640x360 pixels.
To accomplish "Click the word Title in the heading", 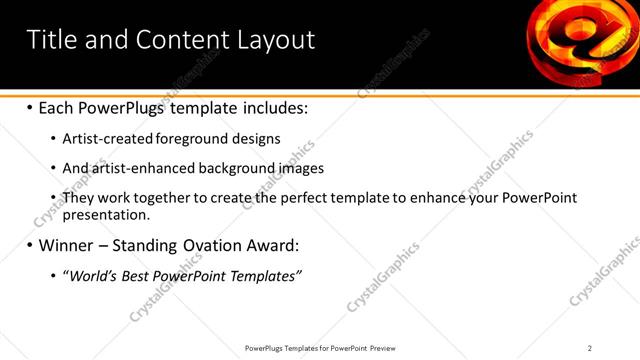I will [x=52, y=40].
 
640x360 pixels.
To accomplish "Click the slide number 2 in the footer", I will [x=590, y=347].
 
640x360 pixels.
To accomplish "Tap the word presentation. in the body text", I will [x=106, y=214].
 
